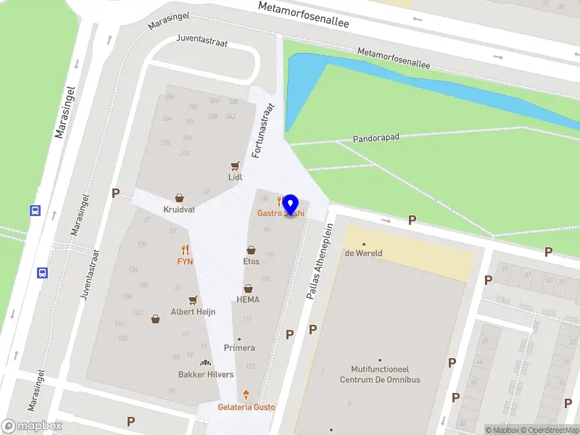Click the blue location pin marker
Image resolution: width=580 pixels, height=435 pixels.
291,205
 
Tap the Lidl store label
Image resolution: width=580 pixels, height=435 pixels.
235,177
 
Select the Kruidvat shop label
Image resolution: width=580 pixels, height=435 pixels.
179,209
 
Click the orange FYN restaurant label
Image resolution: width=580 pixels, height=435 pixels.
185,260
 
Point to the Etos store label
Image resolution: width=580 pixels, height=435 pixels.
251,261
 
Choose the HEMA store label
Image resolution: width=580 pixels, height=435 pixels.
248,299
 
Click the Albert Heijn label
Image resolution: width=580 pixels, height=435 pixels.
193,312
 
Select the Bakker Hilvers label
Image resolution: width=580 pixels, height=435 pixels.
206,374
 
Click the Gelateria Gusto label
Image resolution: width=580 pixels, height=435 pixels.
246,407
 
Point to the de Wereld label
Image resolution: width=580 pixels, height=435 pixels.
363,253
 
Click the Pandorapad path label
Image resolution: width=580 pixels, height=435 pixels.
377,137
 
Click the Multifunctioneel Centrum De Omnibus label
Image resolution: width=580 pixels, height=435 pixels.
380,374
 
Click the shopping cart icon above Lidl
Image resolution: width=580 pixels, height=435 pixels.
235,165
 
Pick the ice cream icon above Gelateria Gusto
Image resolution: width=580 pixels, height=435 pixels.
246,395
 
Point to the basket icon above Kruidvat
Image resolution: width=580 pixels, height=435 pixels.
179,197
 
